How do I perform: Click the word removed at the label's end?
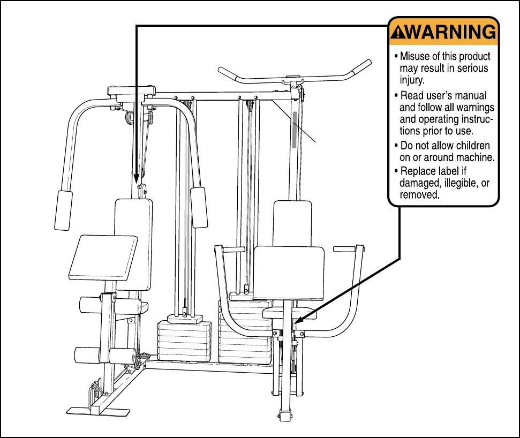click(x=419, y=195)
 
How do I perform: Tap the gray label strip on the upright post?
click(x=294, y=129)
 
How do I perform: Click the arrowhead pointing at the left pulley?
click(x=137, y=178)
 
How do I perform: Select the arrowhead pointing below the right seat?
click(x=296, y=322)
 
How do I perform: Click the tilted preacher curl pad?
click(x=104, y=258)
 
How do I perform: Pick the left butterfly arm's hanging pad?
click(x=64, y=210)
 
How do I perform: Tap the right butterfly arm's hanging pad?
click(x=199, y=207)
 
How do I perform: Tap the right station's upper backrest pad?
click(x=292, y=223)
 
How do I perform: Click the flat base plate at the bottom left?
click(x=98, y=411)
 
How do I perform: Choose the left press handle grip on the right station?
click(x=234, y=249)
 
